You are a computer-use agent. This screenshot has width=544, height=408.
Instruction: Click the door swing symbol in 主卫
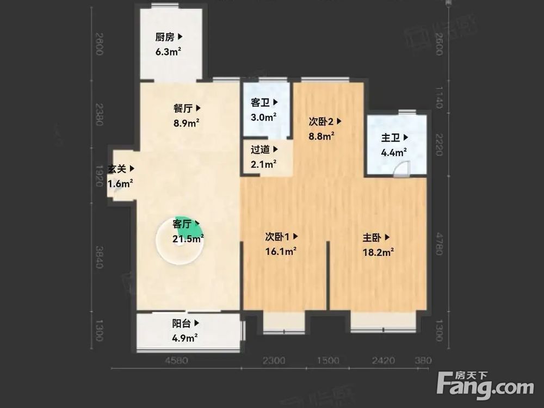pos(401,169)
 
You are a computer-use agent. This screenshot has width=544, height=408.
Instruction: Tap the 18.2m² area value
pos(378,252)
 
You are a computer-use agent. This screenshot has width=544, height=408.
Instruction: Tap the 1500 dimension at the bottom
pos(328,360)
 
